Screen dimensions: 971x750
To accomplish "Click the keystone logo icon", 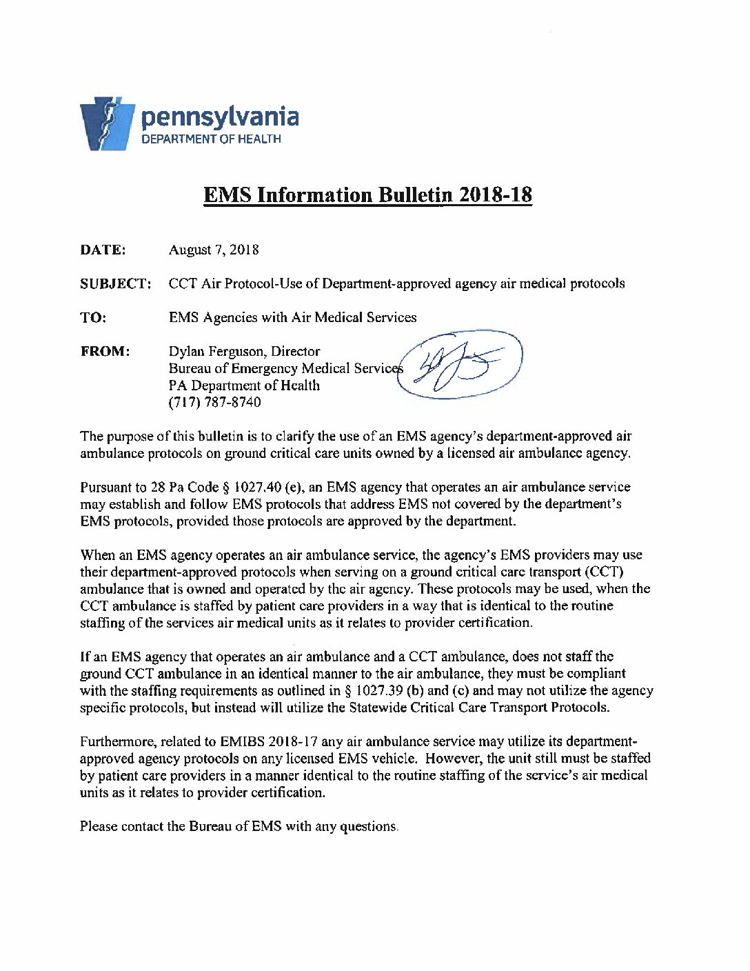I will point(107,123).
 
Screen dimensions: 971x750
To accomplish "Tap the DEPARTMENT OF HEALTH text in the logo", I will point(211,139).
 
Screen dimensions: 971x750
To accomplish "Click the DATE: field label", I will point(103,250).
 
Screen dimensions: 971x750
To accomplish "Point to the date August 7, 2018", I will point(214,250).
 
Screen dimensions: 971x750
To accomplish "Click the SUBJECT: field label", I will point(115,283).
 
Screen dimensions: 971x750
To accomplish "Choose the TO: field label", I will point(93,317).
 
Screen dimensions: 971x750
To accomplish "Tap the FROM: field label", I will point(105,351).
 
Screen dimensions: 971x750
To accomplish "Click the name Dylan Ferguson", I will point(215,351).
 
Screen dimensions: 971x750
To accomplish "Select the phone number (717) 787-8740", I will point(214,402).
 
